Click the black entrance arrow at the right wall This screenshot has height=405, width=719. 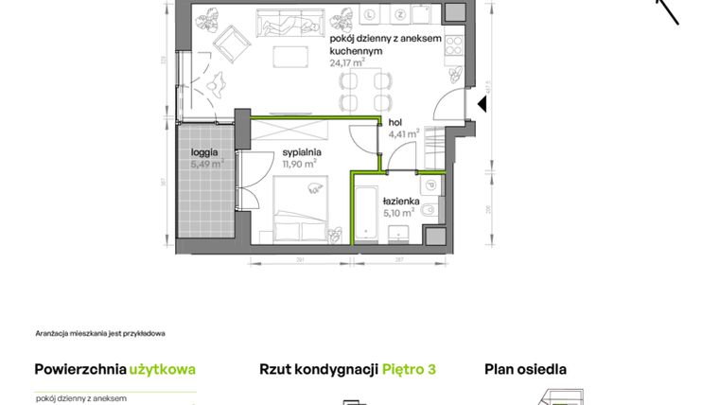(x=481, y=103)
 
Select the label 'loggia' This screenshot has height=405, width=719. (x=204, y=151)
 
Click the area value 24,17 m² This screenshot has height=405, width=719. (x=347, y=63)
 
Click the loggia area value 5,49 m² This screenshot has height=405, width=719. (x=206, y=164)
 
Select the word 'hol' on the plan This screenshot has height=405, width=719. (x=396, y=121)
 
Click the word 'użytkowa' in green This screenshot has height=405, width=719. (x=164, y=369)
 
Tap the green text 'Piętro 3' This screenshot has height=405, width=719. (x=409, y=369)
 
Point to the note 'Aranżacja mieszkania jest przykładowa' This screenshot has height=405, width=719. (x=100, y=333)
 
